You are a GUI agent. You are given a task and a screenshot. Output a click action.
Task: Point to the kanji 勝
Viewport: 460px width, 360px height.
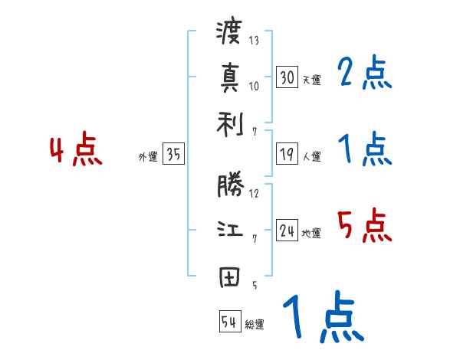coord(229,186)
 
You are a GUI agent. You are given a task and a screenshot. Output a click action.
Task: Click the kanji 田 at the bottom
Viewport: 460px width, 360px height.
coord(229,277)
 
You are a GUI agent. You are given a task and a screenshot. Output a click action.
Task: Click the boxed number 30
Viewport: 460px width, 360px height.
coord(287,77)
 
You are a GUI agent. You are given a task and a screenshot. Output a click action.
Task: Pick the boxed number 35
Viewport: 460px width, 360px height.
coord(173,155)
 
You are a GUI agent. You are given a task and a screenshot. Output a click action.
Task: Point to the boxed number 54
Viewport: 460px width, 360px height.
coord(229,322)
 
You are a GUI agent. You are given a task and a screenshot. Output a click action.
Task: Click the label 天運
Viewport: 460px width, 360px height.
coord(311,80)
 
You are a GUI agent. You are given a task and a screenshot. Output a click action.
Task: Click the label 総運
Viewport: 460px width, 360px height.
coord(255,324)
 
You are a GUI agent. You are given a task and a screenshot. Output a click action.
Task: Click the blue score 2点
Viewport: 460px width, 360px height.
coord(364,73)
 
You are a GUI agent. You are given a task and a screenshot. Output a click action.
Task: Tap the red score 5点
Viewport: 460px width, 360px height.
coord(364,226)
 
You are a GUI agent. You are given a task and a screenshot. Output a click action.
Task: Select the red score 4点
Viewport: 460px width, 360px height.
coord(77,151)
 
